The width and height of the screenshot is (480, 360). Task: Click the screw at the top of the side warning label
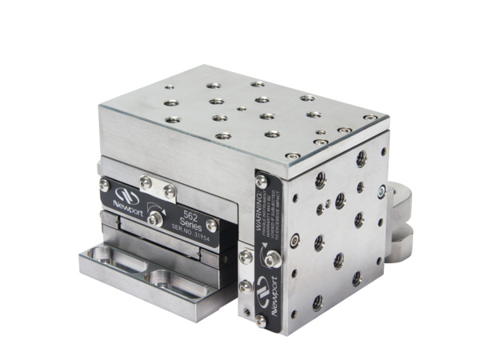261,180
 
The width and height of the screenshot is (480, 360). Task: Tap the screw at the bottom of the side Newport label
262,320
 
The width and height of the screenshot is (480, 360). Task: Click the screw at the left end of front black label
104,185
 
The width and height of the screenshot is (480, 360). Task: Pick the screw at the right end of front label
211,226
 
